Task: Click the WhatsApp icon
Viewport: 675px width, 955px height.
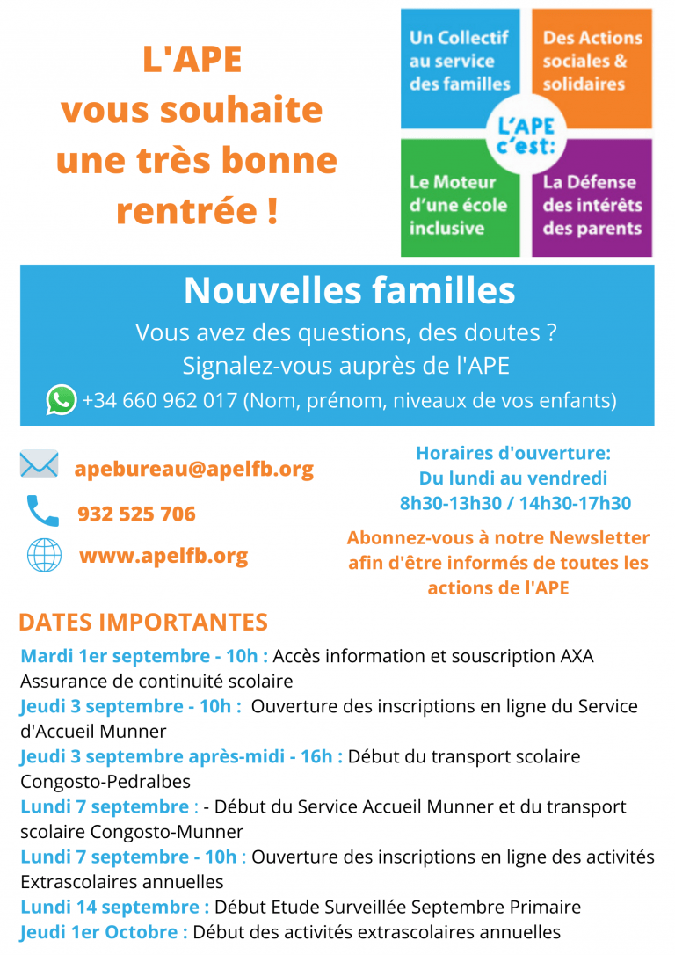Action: coord(62,400)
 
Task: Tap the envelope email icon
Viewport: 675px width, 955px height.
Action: coord(40,465)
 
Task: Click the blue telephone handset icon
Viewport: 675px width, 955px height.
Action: coord(42,511)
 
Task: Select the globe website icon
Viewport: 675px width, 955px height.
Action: coord(44,555)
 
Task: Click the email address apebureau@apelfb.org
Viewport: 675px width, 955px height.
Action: coord(193,469)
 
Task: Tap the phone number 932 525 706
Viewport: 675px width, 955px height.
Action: coord(136,514)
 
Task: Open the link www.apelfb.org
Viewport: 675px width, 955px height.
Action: coord(163,556)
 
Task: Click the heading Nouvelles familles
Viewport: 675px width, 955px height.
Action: coord(349,290)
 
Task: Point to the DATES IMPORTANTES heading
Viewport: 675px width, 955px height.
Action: coord(143,622)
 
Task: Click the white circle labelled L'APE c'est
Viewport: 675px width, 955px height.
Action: coord(526,133)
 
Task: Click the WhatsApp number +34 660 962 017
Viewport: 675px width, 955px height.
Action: coord(160,401)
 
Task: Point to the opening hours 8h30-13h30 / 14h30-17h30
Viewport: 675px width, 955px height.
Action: coord(515,503)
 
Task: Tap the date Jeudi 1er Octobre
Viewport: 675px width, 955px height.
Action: coord(104,932)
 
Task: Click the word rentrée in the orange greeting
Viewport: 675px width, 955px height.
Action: coord(186,211)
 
